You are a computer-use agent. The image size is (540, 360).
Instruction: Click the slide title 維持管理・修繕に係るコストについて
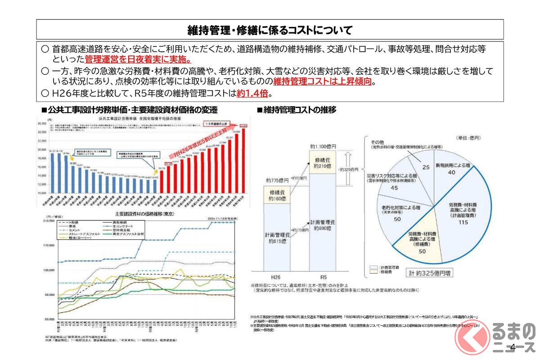(x=270, y=30)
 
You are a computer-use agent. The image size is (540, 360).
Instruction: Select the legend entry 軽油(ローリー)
(x=82, y=238)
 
